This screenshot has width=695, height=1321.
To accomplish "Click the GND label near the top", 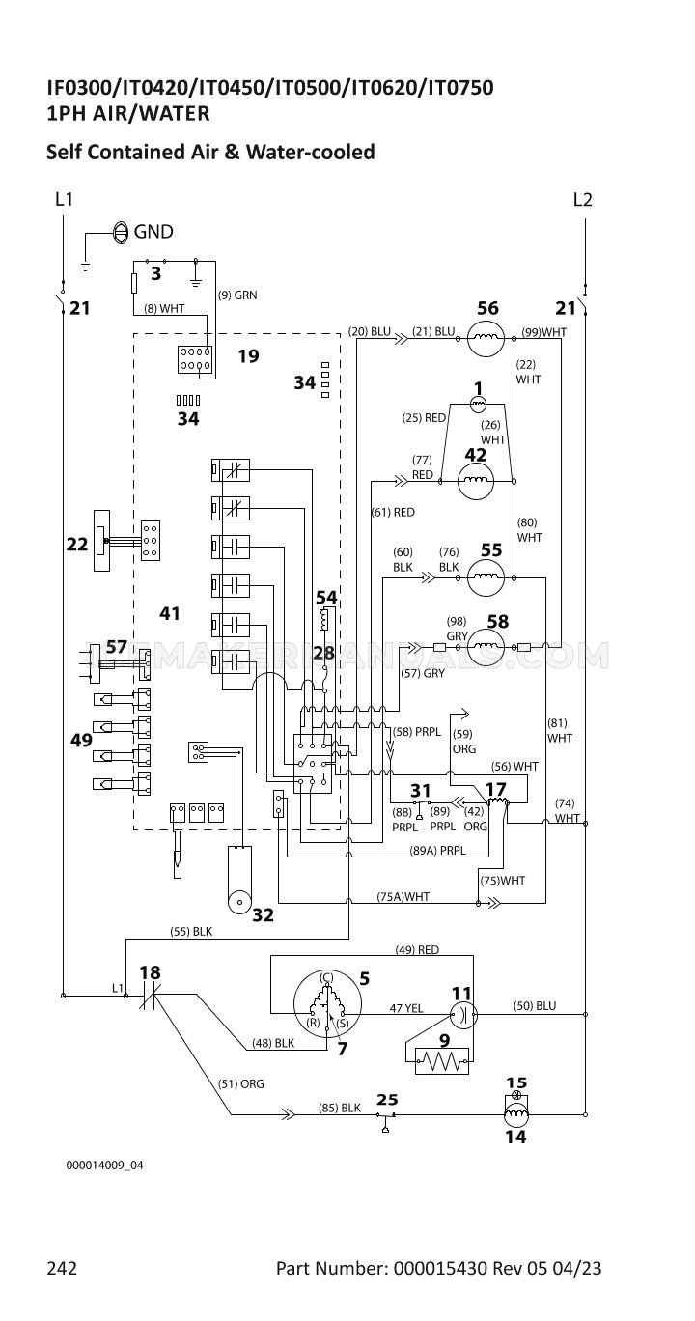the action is coord(153,231).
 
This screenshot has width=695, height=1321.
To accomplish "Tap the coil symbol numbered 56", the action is coord(486,338).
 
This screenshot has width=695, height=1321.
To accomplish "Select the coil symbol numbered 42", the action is coord(476,481).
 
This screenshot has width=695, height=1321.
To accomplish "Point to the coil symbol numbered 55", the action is coord(486,577).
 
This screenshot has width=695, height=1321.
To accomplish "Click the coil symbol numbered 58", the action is coord(486,647).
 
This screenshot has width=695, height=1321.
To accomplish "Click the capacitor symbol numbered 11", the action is coord(463,1014).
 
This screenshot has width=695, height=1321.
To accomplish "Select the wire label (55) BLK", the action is coord(191,932).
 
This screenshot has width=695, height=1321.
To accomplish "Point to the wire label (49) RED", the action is coord(417,949).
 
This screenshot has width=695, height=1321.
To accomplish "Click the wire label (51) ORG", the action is coord(240,1083).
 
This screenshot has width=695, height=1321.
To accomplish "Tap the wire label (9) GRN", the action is coord(237,295).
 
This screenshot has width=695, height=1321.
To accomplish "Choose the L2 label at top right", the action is coord(582,199).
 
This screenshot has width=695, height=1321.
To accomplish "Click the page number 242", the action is coord(62,1267).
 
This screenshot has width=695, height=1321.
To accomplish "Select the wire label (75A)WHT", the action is coord(403,896).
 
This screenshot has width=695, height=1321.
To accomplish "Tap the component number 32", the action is coord(263,914).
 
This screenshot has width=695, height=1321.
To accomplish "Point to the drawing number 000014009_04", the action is coord(104,1166).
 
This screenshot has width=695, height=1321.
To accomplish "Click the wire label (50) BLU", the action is coord(535,1005).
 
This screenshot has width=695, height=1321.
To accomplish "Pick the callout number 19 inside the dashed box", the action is coord(248,355).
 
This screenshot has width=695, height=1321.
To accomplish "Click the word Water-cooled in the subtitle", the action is coord(310,152).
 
